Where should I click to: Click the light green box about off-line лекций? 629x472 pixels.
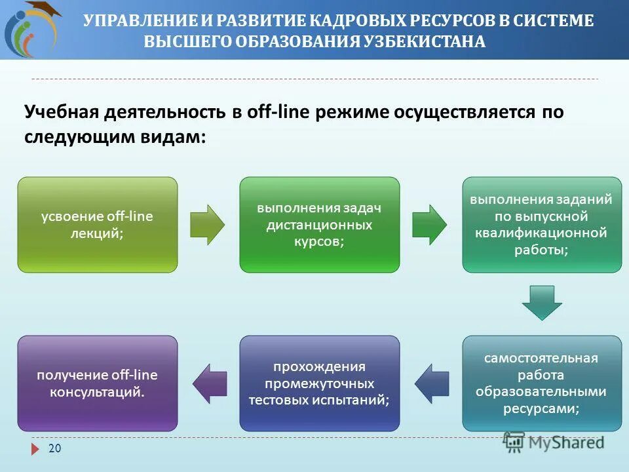click(x=97, y=224)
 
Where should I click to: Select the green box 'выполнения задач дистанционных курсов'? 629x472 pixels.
click(x=319, y=224)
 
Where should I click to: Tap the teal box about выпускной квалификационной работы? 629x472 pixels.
click(x=542, y=224)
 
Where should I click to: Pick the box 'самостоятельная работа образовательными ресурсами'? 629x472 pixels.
click(x=542, y=383)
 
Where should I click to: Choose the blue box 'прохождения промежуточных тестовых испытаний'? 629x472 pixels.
click(x=319, y=383)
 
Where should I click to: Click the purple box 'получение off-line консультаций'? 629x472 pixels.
click(x=97, y=383)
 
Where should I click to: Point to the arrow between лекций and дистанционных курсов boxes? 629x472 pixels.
click(x=207, y=225)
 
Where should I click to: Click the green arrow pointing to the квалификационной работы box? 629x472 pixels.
click(x=429, y=225)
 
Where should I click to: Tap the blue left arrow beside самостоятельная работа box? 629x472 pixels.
click(x=432, y=383)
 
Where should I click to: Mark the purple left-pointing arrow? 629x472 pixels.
click(x=209, y=383)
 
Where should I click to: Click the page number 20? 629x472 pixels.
click(x=54, y=448)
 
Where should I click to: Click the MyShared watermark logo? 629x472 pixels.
click(x=554, y=442)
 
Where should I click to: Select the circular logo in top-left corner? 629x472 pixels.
click(x=29, y=29)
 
